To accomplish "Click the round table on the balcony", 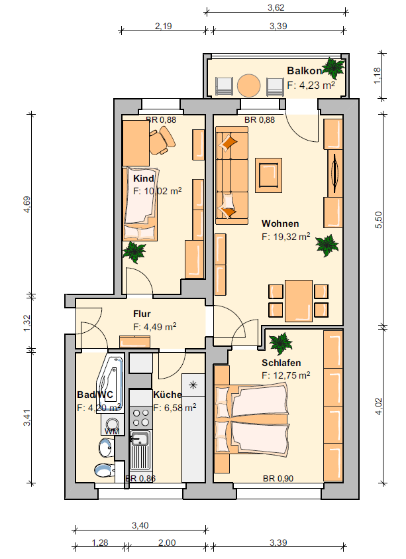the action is click(248, 86).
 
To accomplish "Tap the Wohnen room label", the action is click(280, 224).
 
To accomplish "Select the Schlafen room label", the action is click(281, 363).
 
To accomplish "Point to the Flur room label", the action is click(142, 314).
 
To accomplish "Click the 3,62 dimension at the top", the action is click(276, 7).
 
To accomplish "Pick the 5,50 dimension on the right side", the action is click(378, 220).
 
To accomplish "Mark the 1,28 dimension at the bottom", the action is click(100, 542).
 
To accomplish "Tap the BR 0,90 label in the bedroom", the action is click(278, 478).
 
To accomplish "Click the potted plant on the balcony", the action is click(333, 68).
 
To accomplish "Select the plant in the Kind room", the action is click(134, 252).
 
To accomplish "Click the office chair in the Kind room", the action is click(162, 141).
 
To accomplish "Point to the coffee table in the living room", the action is click(268, 175).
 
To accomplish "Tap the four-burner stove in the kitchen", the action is click(140, 418).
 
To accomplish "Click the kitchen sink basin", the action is click(140, 438).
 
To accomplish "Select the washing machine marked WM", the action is click(113, 424).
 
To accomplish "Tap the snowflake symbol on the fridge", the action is click(193, 385).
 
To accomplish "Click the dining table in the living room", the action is click(299, 300).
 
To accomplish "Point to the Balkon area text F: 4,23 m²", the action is click(311, 85).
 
